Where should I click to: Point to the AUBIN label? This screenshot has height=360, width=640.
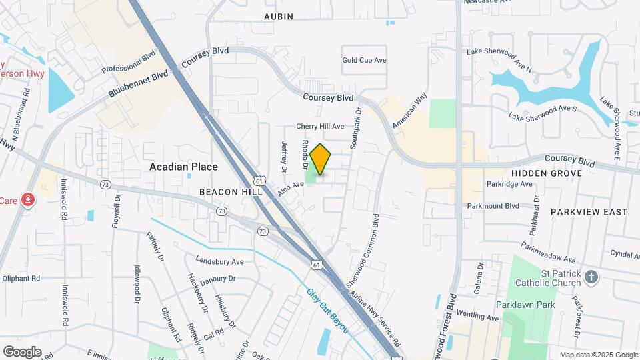[278, 16]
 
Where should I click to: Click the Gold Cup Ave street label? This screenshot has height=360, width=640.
[365, 60]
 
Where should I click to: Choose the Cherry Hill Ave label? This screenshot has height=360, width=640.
[320, 126]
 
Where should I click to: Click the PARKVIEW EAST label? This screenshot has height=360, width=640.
[589, 212]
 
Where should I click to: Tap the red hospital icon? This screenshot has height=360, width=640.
[27, 199]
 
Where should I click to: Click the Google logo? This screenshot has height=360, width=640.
[22, 351]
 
